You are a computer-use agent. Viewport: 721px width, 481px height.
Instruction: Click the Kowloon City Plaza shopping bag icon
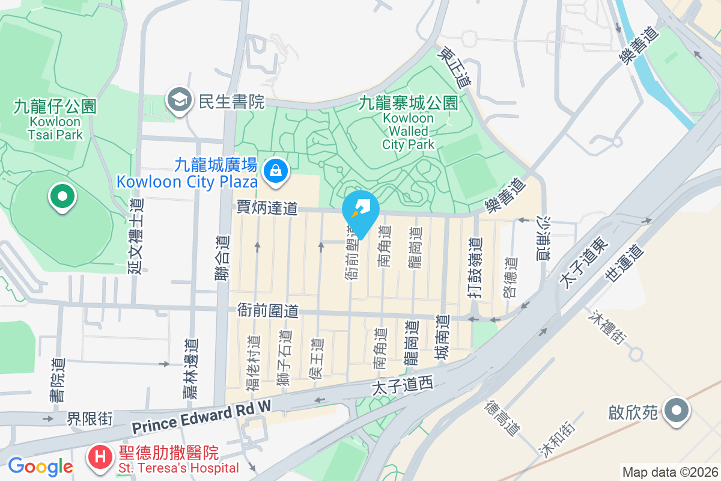[x=275, y=171]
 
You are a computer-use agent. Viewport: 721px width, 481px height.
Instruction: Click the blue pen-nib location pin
[x=360, y=211]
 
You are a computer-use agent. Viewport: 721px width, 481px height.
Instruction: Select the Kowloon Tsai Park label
[x=55, y=120]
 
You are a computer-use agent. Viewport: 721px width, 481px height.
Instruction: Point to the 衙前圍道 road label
[x=267, y=311]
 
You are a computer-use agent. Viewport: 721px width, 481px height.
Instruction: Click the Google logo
[x=40, y=466]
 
